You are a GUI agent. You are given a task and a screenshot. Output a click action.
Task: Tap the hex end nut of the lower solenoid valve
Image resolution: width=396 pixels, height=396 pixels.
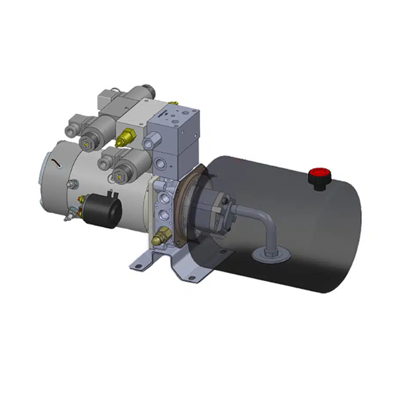click(x=118, y=175)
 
